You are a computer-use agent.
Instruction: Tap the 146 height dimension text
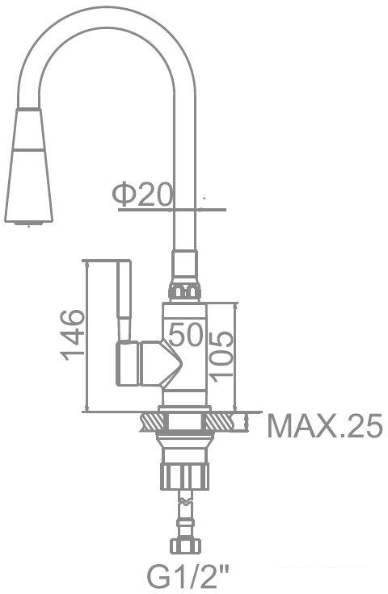[72, 335]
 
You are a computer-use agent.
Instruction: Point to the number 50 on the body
[185, 334]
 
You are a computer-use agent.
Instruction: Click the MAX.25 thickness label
[325, 426]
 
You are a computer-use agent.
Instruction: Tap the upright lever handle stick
[124, 300]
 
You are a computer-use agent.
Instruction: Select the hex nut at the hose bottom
[185, 546]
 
